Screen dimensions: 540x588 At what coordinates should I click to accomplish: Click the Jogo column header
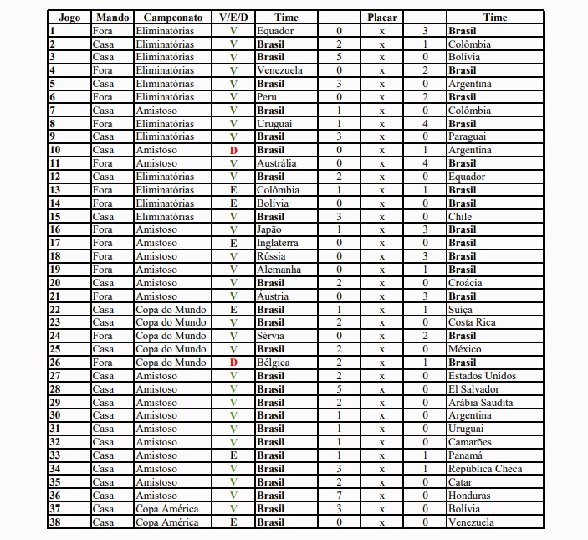click(x=69, y=18)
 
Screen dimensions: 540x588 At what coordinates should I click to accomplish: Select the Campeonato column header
click(x=173, y=18)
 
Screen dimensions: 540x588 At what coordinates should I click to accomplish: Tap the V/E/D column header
click(x=233, y=18)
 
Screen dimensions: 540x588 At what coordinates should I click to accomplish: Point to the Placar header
click(x=381, y=18)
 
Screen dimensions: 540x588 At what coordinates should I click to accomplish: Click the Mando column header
click(x=112, y=18)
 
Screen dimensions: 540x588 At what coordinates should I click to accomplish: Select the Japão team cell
click(x=271, y=229)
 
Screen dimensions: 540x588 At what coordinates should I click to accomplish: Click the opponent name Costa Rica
click(x=472, y=322)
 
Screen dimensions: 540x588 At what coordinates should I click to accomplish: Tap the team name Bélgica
click(x=274, y=363)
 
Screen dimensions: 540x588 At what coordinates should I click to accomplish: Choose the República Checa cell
click(x=485, y=469)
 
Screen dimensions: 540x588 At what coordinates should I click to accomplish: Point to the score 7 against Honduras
click(x=339, y=496)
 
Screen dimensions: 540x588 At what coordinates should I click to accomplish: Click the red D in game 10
click(x=233, y=151)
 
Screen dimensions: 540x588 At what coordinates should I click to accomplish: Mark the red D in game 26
click(x=233, y=363)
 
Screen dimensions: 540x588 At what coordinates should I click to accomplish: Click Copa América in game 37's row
click(x=167, y=509)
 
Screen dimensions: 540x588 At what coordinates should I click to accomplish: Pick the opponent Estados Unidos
click(x=483, y=376)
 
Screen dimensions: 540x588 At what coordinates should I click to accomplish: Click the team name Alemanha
click(x=277, y=270)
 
